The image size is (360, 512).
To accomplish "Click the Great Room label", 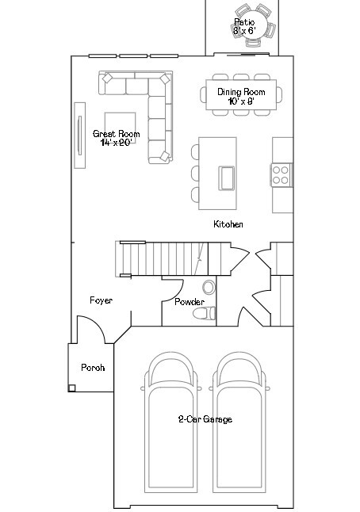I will (116, 134).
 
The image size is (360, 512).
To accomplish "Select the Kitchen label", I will (228, 224).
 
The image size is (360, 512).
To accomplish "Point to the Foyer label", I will (101, 300).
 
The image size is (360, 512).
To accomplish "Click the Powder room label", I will (190, 302).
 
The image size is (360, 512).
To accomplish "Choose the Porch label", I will (93, 368).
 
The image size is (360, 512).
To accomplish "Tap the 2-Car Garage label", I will (205, 419).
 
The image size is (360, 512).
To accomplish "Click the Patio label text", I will (244, 21).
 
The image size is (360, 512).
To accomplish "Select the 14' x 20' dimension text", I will (116, 143).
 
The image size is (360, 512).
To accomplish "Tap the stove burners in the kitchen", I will (281, 174).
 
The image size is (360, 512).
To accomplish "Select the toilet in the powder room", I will (205, 315).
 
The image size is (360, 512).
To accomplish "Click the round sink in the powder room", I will (209, 287).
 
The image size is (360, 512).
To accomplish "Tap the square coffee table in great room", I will (121, 123).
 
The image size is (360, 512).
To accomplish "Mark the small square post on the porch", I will (72, 388).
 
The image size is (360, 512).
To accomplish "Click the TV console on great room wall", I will (79, 135).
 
